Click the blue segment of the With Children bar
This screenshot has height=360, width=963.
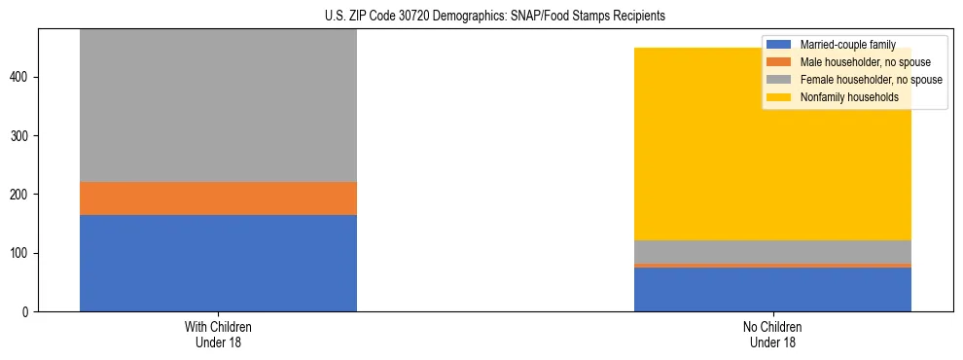click(x=218, y=263)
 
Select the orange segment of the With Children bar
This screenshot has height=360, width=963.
click(x=218, y=198)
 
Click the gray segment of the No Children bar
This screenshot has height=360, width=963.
click(x=772, y=252)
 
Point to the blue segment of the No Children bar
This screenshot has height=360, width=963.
click(x=772, y=289)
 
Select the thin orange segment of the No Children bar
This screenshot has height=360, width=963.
click(x=772, y=265)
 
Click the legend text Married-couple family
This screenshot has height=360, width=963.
click(x=847, y=45)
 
